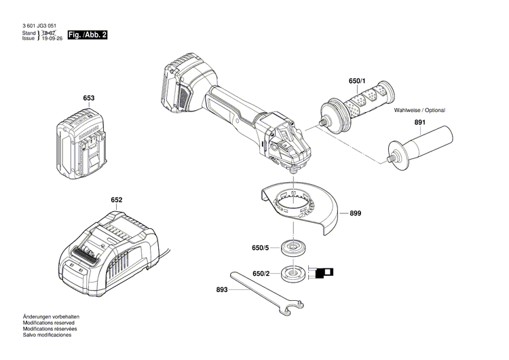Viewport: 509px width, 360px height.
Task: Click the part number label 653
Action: (88, 98)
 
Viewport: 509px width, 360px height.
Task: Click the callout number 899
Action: (356, 213)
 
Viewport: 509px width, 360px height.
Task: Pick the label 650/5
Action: (261, 247)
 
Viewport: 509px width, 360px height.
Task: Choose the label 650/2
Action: (261, 274)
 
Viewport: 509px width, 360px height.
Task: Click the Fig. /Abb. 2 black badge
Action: (88, 35)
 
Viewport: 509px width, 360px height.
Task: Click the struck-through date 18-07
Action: (48, 33)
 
